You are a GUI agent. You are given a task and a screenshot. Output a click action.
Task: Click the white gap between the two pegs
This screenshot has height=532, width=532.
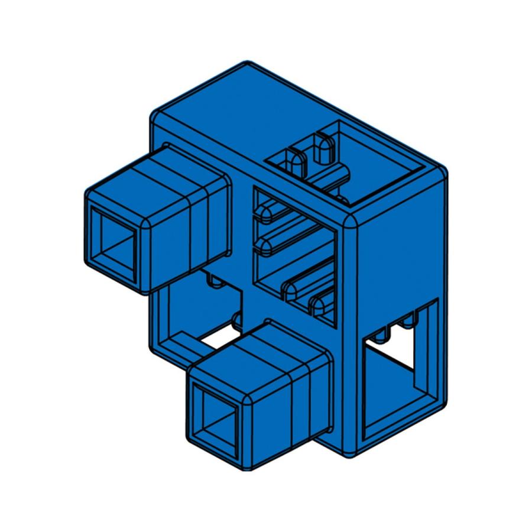pos(219,337)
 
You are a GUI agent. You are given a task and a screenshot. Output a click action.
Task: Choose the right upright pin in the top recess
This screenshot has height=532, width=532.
pos(323,148)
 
